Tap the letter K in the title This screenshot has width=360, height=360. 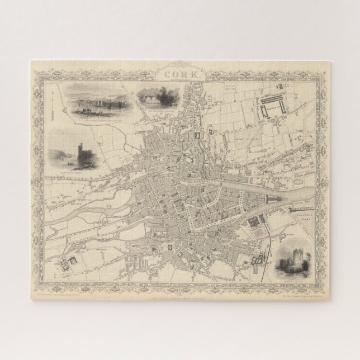pos(190,73)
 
